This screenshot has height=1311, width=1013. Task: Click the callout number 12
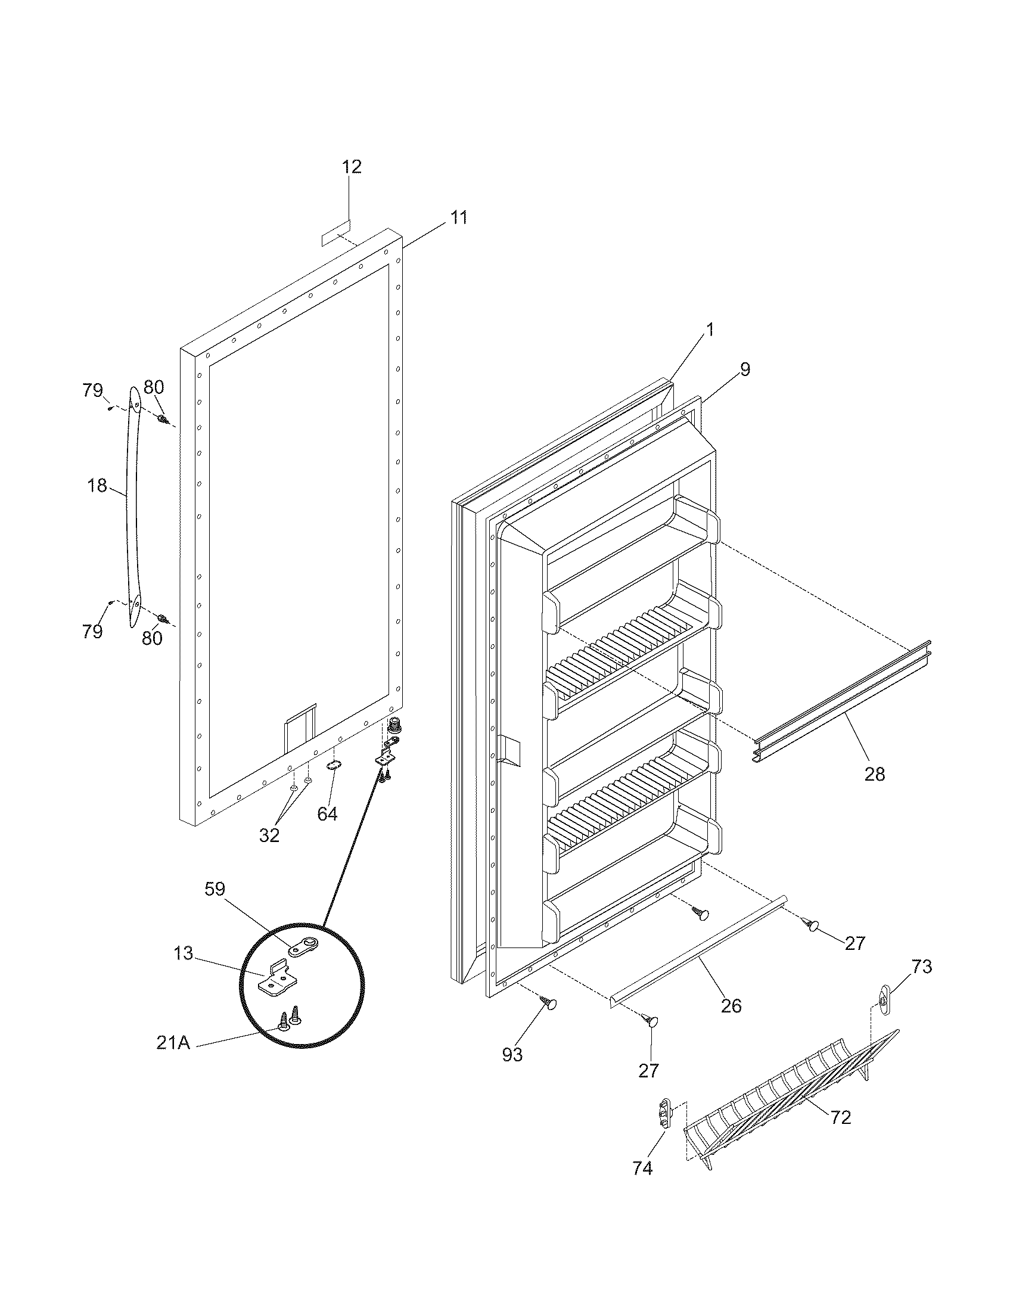(352, 166)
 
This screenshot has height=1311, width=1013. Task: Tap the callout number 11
(458, 218)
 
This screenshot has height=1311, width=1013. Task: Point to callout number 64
(328, 814)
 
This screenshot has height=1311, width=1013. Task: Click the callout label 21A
(173, 1043)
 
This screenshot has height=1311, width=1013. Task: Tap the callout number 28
(874, 774)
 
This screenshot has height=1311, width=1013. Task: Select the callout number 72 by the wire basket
(841, 1117)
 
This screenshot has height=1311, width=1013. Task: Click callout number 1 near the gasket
(709, 330)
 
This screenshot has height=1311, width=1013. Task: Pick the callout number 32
(269, 835)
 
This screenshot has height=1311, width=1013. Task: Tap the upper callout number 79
(92, 390)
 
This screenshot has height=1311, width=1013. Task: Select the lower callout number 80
(152, 638)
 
